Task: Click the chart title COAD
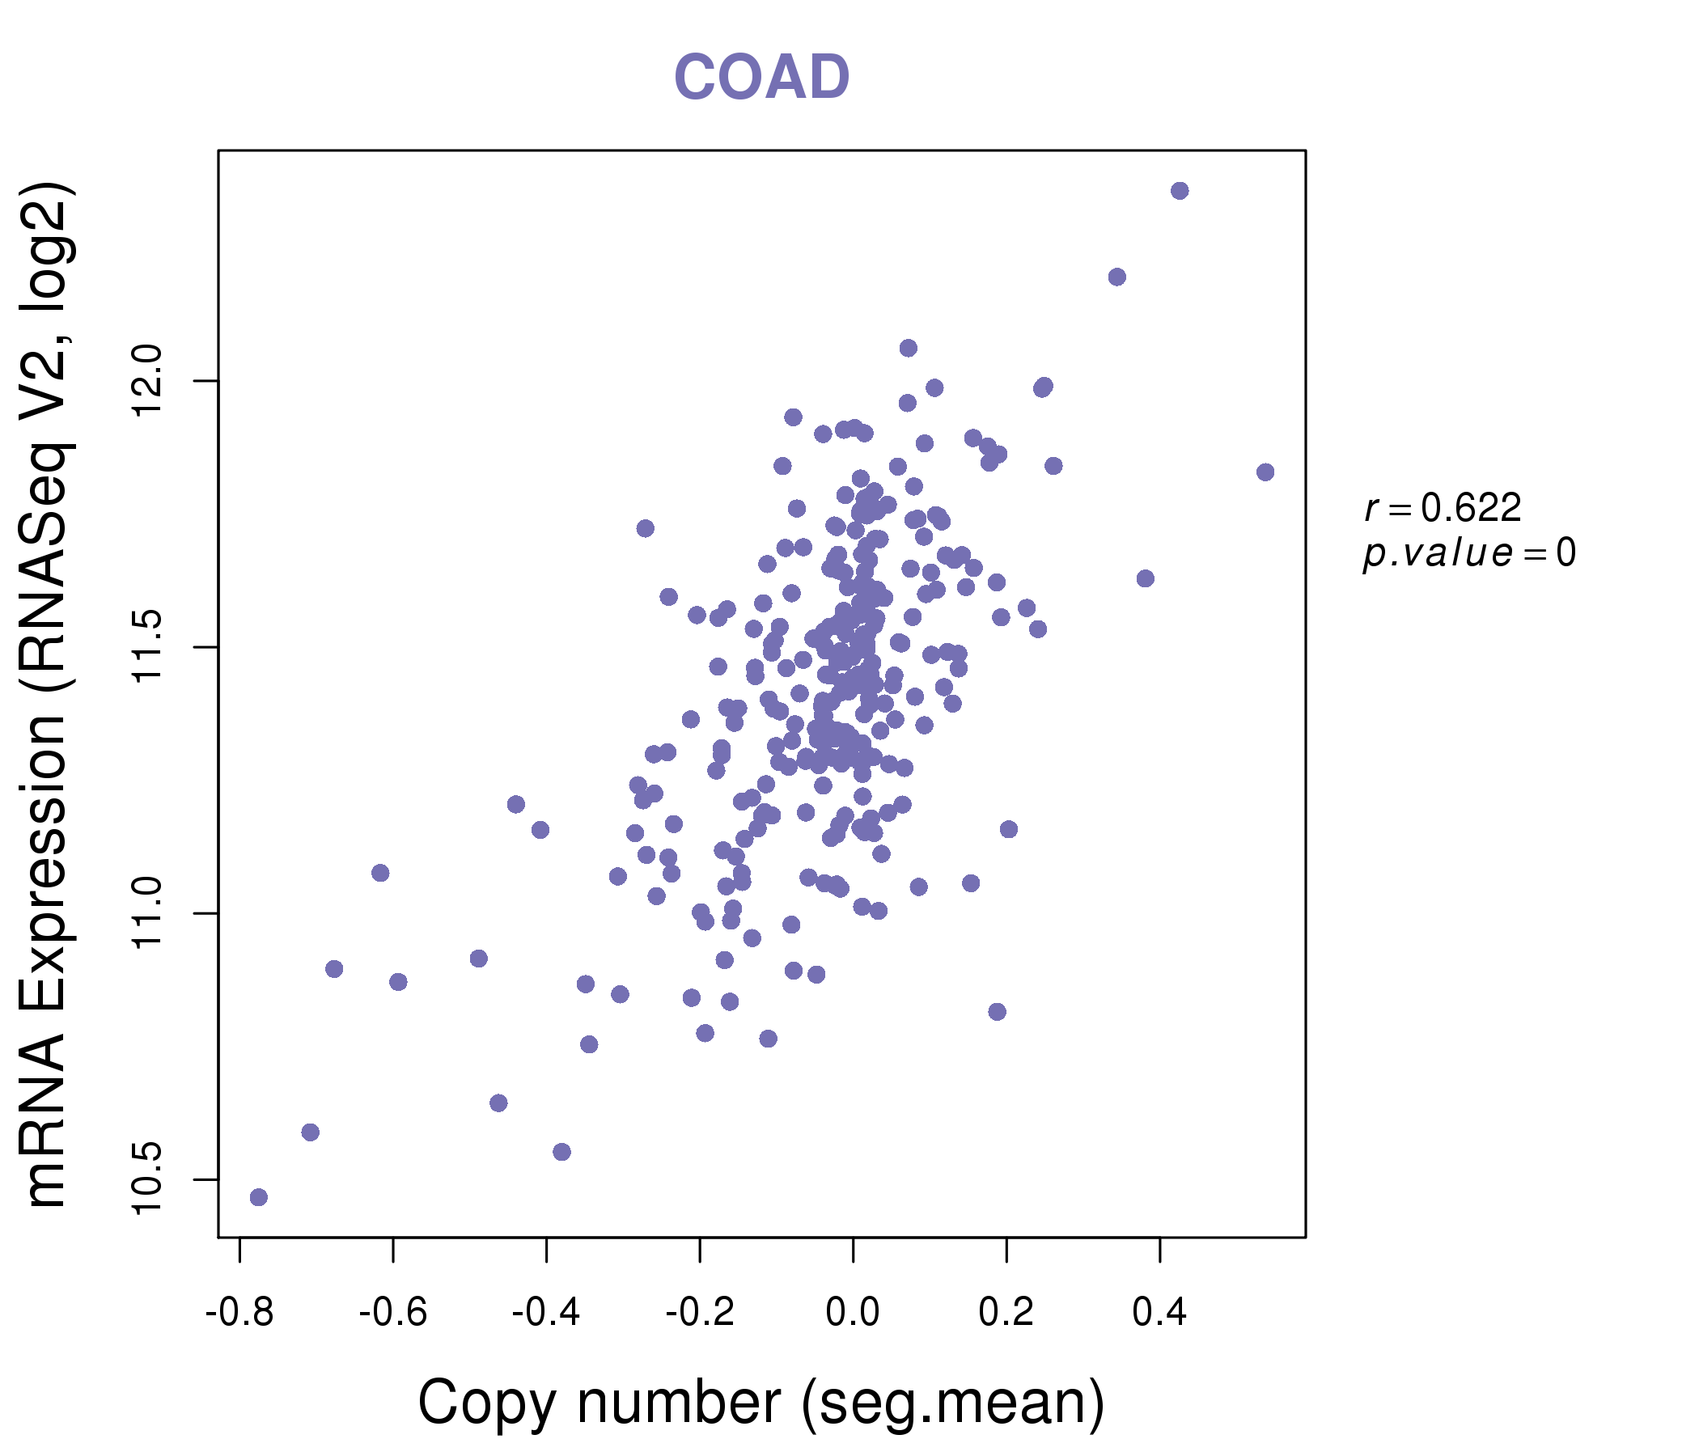[x=761, y=77]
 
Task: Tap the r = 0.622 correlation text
[x=1443, y=508]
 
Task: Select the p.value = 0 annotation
[x=1469, y=553]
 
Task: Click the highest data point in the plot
[x=1180, y=191]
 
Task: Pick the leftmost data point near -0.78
[x=258, y=1197]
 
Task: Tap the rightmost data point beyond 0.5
[x=1265, y=472]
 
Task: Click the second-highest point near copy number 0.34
[x=1116, y=277]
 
